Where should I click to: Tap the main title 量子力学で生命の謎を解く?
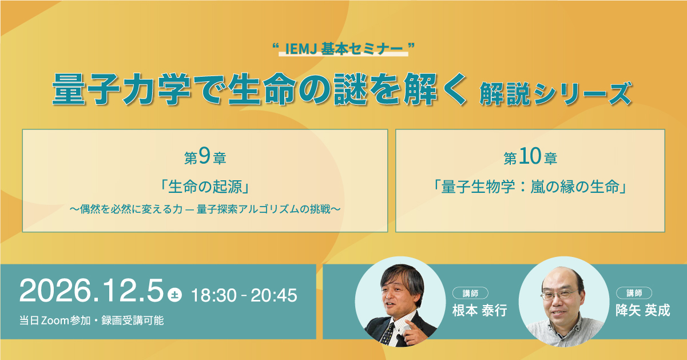pyautogui.click(x=259, y=90)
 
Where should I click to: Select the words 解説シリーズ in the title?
pyautogui.click(x=555, y=93)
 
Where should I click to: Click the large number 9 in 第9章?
pyautogui.click(x=204, y=156)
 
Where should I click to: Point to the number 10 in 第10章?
pyautogui.click(x=530, y=156)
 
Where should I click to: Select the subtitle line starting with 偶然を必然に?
pyautogui.click(x=205, y=209)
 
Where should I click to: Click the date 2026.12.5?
pyautogui.click(x=92, y=291)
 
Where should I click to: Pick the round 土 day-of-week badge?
pyautogui.click(x=175, y=295)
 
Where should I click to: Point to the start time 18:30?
pyautogui.click(x=214, y=295)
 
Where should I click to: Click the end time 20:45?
pyautogui.click(x=274, y=295)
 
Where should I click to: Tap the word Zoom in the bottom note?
pyautogui.click(x=55, y=321)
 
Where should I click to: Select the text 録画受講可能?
pyautogui.click(x=133, y=321)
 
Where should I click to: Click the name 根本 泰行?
pyautogui.click(x=480, y=311)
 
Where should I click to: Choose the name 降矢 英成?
pyautogui.click(x=643, y=311)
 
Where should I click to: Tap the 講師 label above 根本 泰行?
pyautogui.click(x=470, y=293)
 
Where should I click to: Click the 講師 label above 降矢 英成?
pyautogui.click(x=634, y=293)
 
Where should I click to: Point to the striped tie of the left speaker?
pyautogui.click(x=387, y=333)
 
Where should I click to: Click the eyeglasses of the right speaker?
pyautogui.click(x=559, y=295)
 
